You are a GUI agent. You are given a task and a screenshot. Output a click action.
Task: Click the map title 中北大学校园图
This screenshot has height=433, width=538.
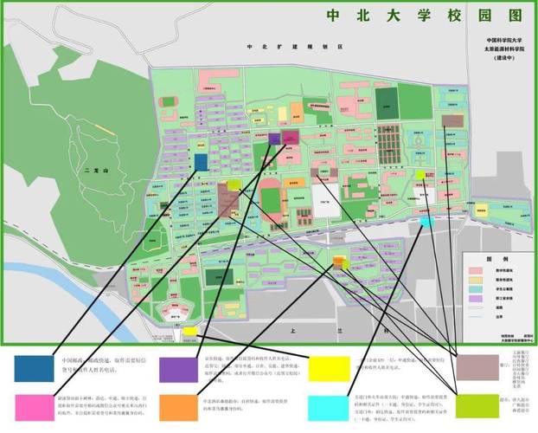[400, 15]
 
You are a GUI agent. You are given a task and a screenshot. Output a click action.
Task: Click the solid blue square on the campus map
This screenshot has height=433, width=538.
[201, 162]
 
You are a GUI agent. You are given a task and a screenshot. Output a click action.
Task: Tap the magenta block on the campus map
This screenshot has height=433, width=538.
[289, 138]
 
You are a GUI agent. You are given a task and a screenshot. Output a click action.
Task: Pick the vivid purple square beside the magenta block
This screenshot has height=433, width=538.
[274, 138]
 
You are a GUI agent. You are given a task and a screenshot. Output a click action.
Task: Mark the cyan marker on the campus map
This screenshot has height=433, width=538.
[425, 222]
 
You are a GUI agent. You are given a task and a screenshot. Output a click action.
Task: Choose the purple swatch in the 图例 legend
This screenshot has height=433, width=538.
[476, 299]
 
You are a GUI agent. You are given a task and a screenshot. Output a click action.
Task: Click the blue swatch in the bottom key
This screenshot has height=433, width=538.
[32, 367]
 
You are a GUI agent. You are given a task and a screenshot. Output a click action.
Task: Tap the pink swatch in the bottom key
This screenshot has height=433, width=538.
[32, 405]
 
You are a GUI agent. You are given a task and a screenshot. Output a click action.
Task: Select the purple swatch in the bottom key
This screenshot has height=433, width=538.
[177, 367]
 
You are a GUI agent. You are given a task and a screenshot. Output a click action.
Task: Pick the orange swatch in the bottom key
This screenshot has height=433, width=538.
[177, 405]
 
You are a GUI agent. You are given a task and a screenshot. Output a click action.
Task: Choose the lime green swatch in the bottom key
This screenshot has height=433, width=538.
[477, 405]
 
